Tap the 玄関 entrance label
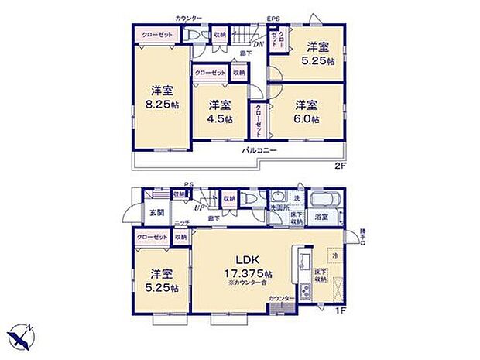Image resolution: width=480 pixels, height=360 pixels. (x=156, y=211)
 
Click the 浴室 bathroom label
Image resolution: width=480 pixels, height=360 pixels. (x=321, y=218)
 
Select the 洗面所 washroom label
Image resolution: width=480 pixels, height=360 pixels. (x=279, y=207)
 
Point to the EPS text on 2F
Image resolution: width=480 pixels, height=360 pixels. (x=274, y=19)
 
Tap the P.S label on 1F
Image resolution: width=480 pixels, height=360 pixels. (x=188, y=185)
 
